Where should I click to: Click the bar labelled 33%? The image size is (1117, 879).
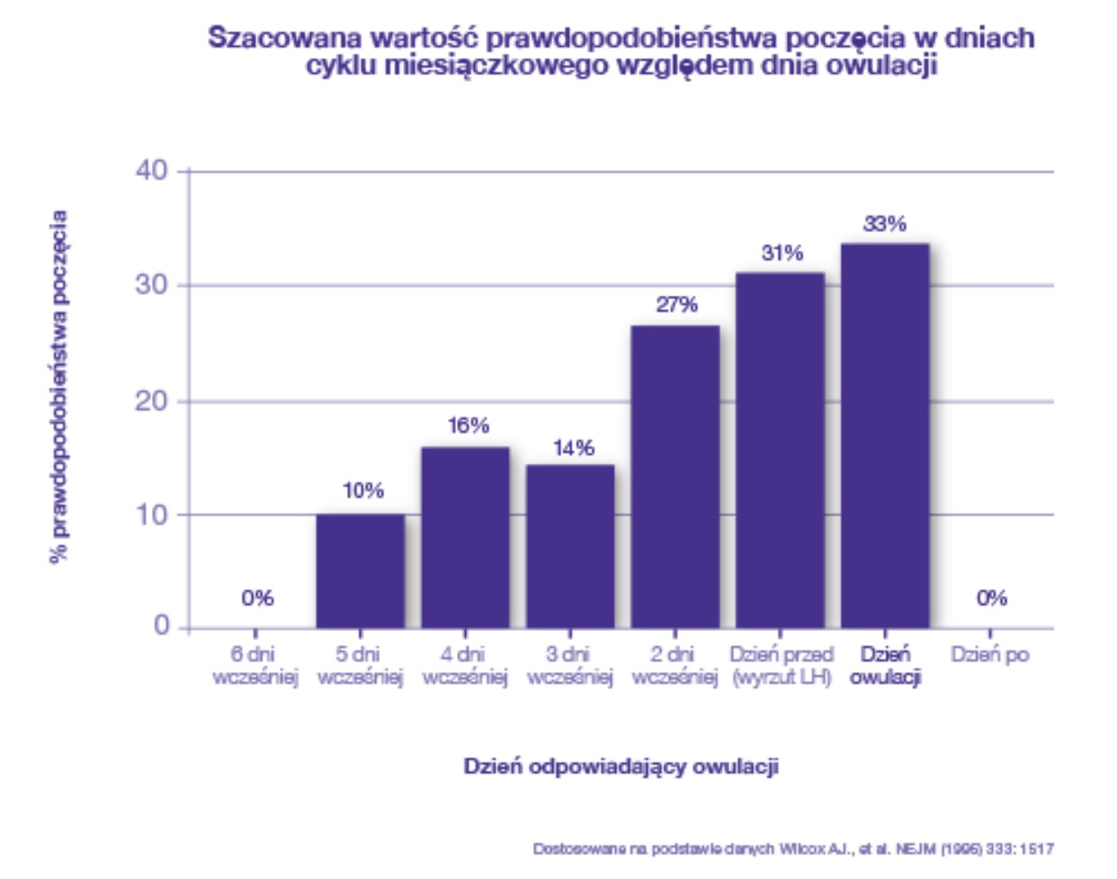tap(885, 436)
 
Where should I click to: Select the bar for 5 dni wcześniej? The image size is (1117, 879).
tap(360, 571)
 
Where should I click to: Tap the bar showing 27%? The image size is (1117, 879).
tap(675, 476)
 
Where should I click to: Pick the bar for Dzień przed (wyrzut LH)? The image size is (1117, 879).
tap(780, 449)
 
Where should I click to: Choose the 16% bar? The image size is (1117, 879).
tap(465, 537)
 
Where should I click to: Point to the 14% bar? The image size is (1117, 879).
tap(570, 546)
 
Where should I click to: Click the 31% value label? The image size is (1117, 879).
tap(782, 253)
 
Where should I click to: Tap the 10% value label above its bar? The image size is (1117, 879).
tap(362, 491)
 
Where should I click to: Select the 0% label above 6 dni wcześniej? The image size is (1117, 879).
tap(257, 599)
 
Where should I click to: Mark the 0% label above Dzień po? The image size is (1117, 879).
tap(991, 599)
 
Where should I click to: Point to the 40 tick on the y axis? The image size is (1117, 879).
tap(152, 171)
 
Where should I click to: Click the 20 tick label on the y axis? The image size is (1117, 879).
tap(152, 401)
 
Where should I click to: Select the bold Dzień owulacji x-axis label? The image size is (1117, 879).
tap(885, 666)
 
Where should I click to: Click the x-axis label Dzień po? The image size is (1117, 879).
tap(989, 655)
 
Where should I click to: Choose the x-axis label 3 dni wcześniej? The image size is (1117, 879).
tap(570, 666)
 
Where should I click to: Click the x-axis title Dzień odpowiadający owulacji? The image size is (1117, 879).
tap(621, 767)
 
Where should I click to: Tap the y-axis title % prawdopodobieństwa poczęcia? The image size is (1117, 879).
tap(59, 386)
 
